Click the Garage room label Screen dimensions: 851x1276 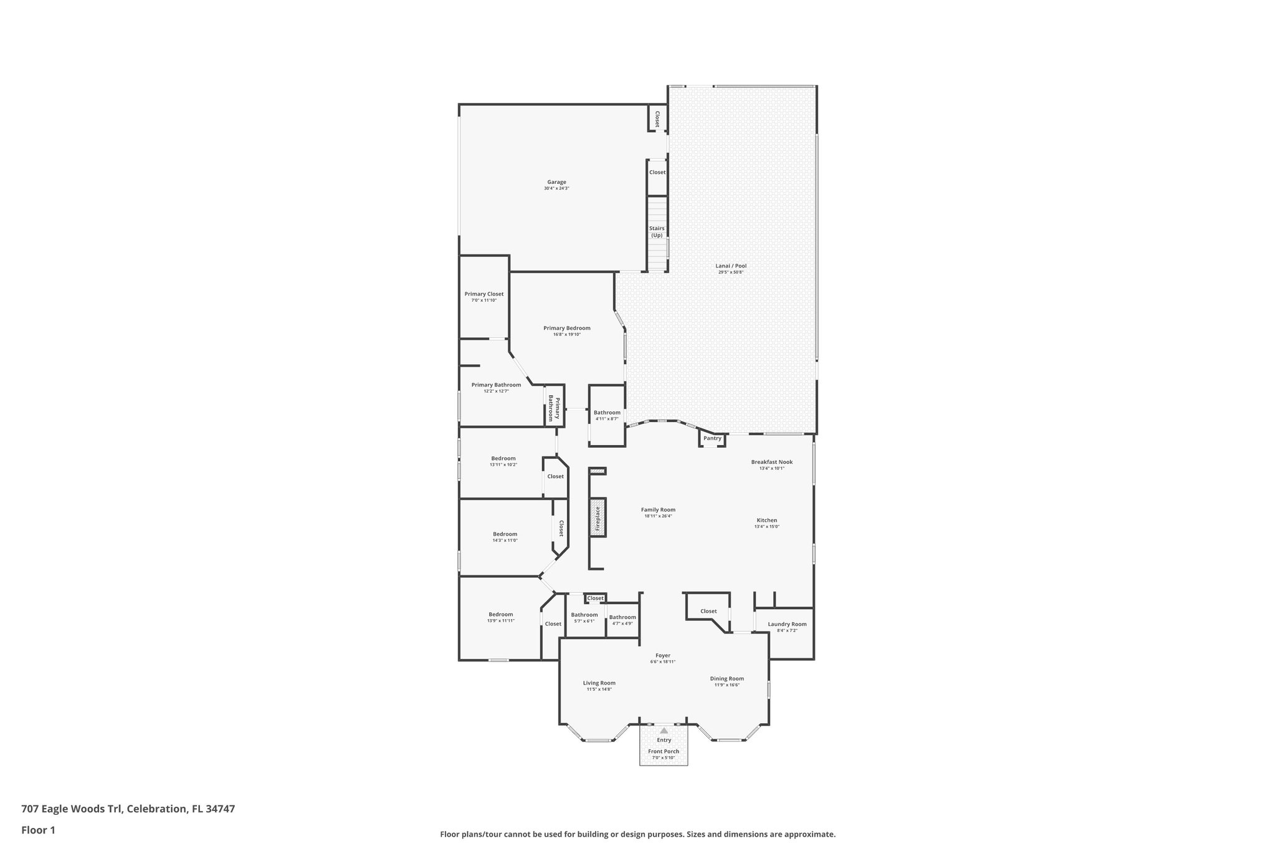click(556, 182)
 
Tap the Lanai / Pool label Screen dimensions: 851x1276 click(731, 266)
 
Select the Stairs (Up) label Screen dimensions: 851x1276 click(657, 231)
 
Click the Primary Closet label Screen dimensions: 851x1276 click(483, 294)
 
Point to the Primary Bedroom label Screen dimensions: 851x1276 click(566, 328)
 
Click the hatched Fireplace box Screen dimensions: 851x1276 click(598, 517)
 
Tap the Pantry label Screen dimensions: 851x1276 click(712, 438)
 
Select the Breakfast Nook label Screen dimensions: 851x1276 click(771, 462)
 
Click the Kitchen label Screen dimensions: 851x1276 click(766, 520)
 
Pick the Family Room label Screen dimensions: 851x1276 click(658, 509)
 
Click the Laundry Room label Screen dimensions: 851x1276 click(787, 624)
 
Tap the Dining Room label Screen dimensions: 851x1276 click(726, 678)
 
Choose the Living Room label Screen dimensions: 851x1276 click(599, 683)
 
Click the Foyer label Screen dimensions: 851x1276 click(662, 655)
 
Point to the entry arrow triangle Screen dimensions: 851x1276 click(664, 730)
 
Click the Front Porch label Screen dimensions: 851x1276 click(663, 751)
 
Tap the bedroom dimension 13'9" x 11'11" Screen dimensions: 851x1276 click(500, 620)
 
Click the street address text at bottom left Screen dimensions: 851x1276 click(128, 809)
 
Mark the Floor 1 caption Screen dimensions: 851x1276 click(38, 830)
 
